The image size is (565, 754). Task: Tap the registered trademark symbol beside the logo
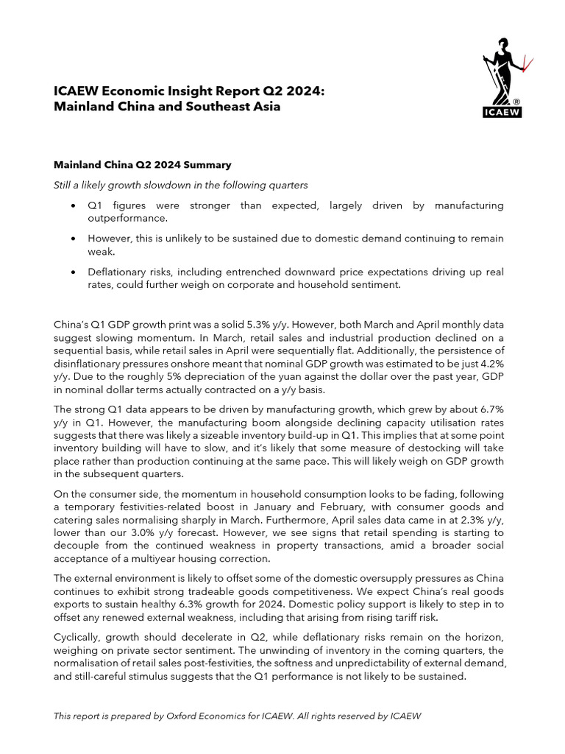click(517, 102)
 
